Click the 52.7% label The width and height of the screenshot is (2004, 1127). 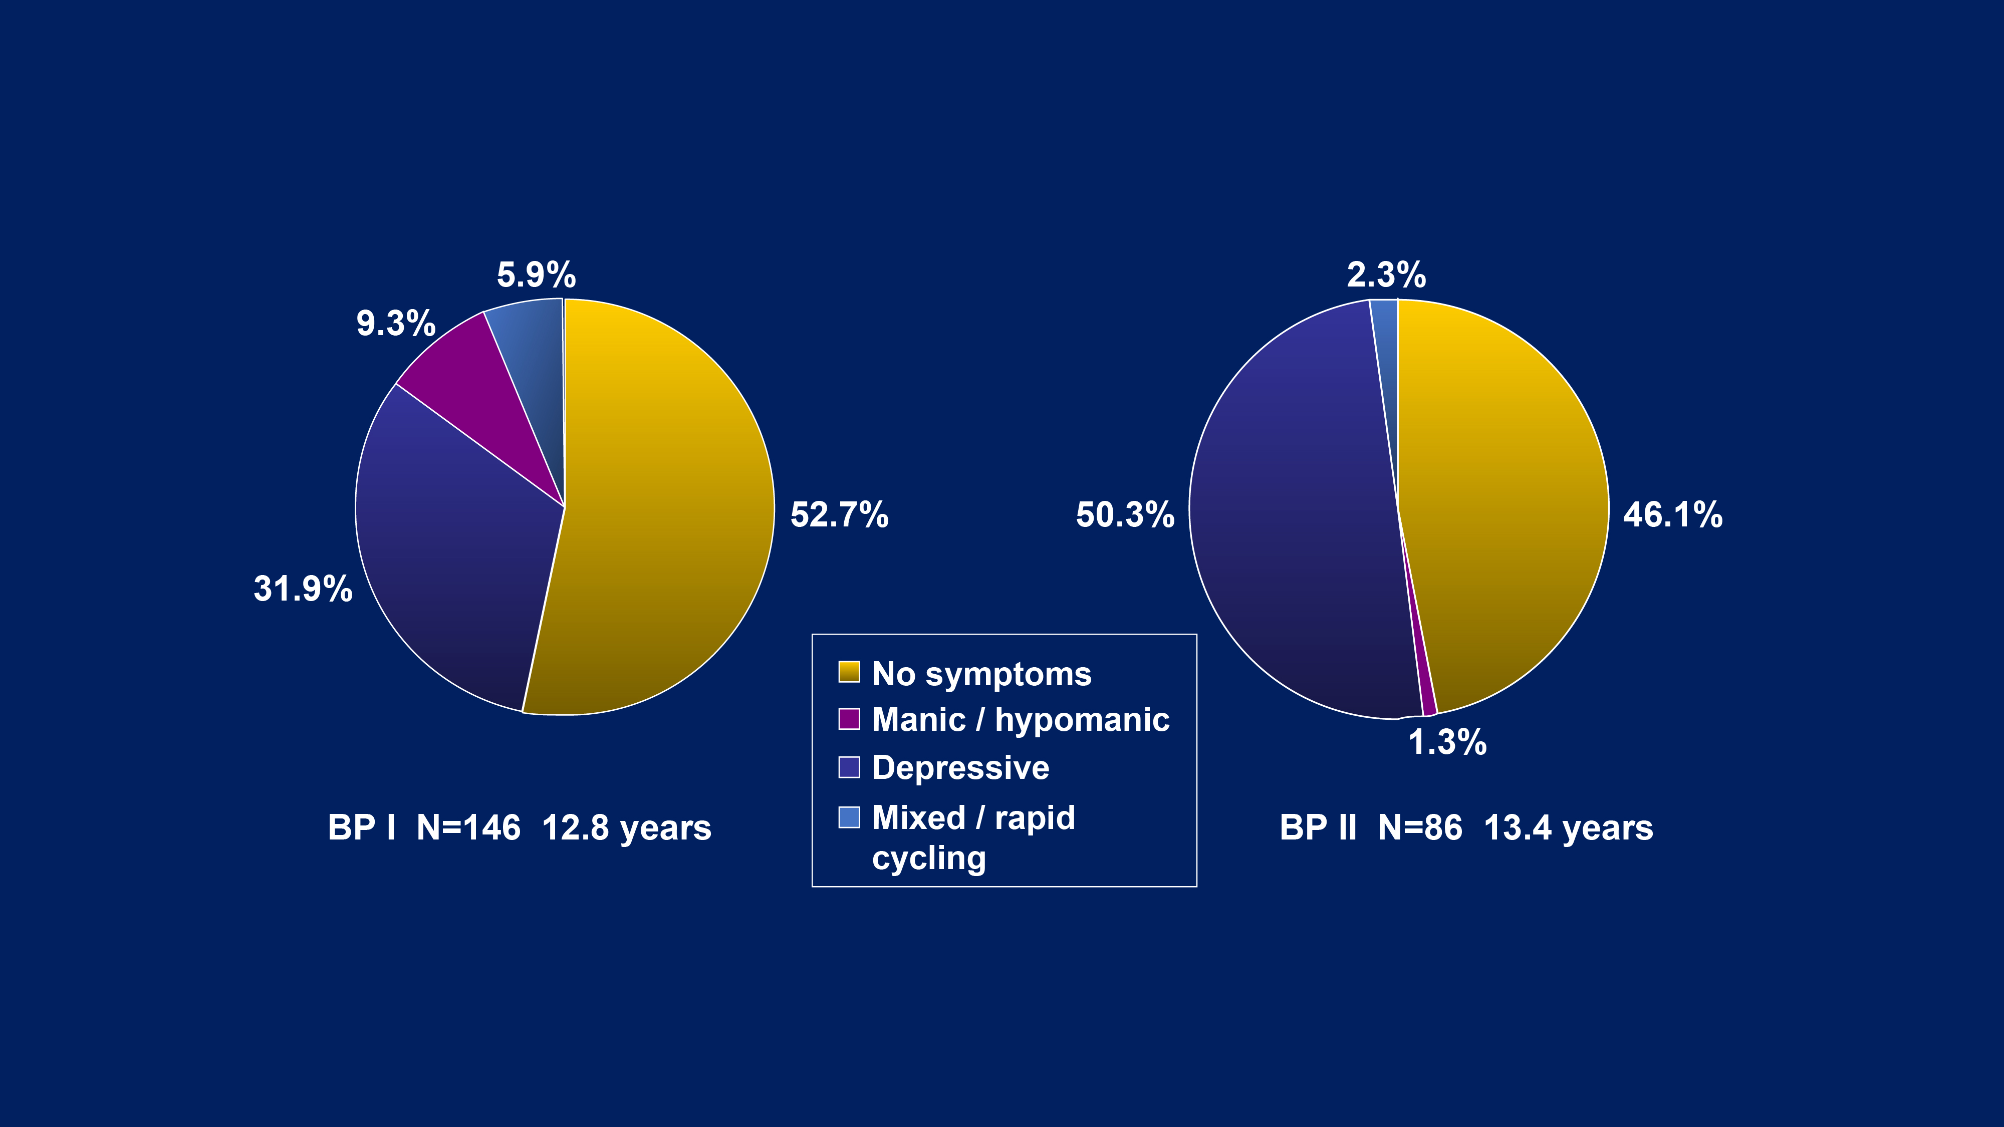(x=839, y=515)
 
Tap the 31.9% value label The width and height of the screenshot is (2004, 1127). (x=303, y=588)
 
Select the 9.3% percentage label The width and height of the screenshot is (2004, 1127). (x=395, y=323)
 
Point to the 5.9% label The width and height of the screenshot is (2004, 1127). (x=536, y=274)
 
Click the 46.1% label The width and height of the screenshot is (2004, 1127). (x=1673, y=515)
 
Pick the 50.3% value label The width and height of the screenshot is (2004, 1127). (x=1125, y=515)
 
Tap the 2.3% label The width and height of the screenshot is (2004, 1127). (x=1386, y=274)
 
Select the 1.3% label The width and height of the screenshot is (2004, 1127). (x=1447, y=742)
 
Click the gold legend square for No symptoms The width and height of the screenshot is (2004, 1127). (x=849, y=672)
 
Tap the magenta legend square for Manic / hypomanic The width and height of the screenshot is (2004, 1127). (x=849, y=719)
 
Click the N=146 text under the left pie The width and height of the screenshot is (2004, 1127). (x=468, y=827)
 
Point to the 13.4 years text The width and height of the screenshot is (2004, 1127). (x=1568, y=827)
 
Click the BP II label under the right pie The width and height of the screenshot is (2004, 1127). (x=1318, y=827)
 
